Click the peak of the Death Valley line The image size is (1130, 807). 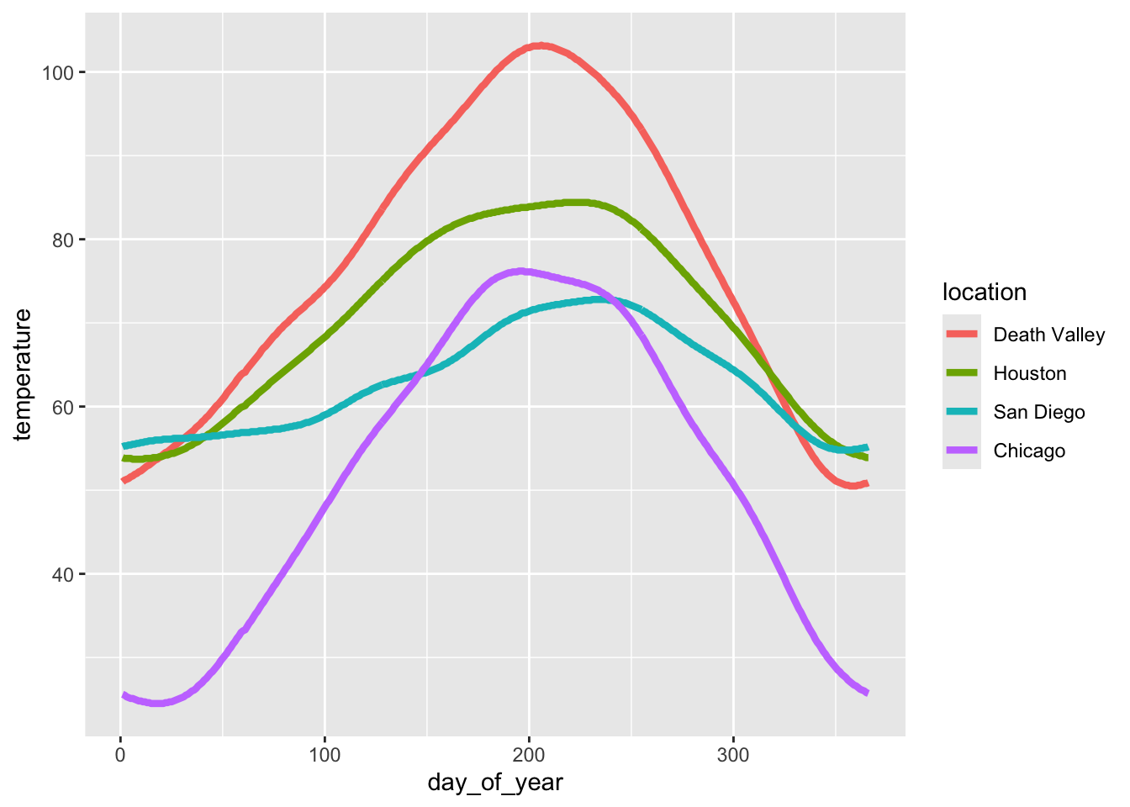[540, 45]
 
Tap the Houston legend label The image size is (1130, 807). [1029, 373]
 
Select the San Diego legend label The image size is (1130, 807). [1038, 412]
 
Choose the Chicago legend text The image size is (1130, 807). [1029, 451]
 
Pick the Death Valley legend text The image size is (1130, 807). [1048, 335]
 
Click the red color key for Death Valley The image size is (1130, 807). [962, 335]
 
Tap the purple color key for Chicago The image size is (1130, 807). [962, 451]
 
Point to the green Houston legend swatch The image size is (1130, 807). [962, 373]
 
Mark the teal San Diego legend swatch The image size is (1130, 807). [962, 412]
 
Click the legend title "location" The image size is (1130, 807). [985, 292]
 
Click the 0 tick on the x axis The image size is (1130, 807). [120, 754]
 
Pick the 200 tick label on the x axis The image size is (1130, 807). [529, 754]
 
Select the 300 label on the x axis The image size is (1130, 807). [733, 754]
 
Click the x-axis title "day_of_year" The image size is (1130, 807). [495, 783]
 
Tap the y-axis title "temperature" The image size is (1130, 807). [23, 374]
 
